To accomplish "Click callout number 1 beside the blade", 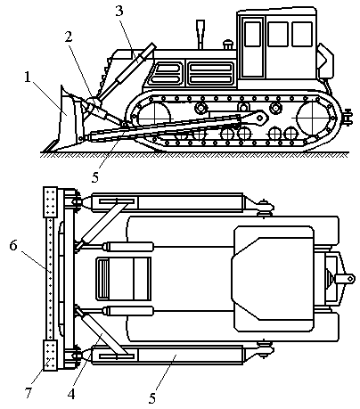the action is point(28,78).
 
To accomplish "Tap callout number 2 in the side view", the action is point(69,37).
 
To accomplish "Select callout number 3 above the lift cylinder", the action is point(119,11).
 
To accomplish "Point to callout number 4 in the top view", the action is point(71,395).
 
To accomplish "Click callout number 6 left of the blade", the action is point(13,246).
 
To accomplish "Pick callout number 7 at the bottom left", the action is point(29,393).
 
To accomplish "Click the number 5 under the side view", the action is point(95,177).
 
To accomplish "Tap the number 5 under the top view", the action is point(152,398).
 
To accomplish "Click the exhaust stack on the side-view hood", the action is point(200,34).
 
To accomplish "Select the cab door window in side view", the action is point(253,34).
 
